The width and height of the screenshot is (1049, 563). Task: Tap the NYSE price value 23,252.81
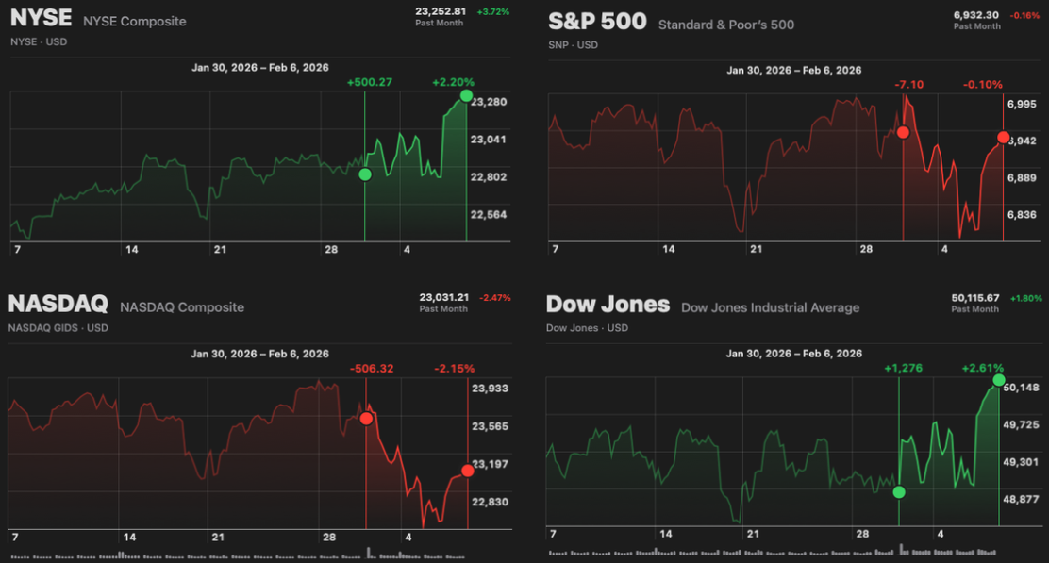pos(441,11)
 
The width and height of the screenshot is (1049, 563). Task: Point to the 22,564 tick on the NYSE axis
pos(489,214)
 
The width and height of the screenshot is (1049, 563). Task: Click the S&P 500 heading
pos(596,23)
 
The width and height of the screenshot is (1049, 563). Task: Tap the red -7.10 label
pos(909,85)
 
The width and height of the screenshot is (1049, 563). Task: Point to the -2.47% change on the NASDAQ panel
pos(494,298)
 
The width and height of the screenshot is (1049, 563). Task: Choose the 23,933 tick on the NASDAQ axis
pos(490,388)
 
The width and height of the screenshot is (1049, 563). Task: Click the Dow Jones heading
pos(608,305)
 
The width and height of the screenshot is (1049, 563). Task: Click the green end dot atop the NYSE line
pos(466,95)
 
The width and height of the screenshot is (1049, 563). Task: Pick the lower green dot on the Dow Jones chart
pos(898,491)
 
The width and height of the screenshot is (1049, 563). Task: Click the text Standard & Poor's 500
pos(725,25)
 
